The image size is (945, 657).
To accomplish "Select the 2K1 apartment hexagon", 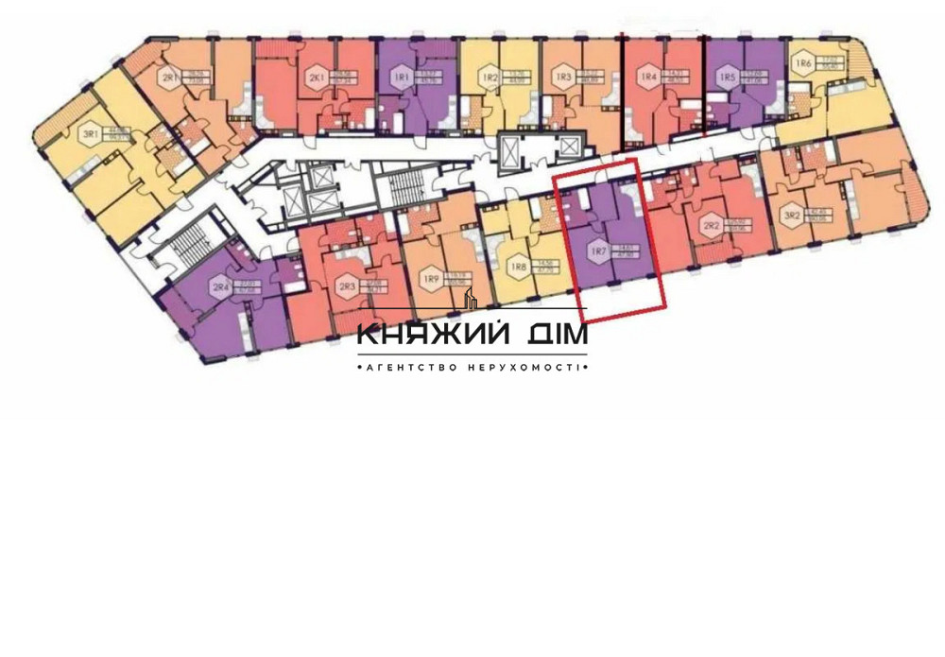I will click(x=315, y=77).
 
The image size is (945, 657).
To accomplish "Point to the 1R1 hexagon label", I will click(x=401, y=77).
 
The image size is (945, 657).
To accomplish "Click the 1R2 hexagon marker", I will click(x=490, y=78).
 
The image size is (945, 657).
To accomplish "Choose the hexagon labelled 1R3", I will click(x=564, y=77).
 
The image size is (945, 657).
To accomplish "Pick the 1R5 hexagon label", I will click(x=726, y=77).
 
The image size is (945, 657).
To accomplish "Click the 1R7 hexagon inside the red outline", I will click(x=598, y=251).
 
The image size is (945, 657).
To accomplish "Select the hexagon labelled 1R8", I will click(x=518, y=268).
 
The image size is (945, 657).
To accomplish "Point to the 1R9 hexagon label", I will click(x=431, y=278).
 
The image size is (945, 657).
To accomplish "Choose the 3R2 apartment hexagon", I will click(x=792, y=216).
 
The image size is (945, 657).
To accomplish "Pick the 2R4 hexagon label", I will click(x=221, y=286).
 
